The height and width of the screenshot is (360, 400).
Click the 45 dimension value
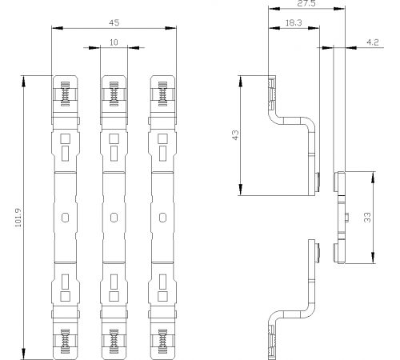pyautogui.click(x=114, y=22)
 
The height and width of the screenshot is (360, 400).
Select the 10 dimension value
pyautogui.click(x=114, y=42)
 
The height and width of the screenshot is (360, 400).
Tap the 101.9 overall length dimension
pyautogui.click(x=18, y=218)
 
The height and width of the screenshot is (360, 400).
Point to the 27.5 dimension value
pyautogui.click(x=306, y=3)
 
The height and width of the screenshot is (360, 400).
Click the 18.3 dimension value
pyautogui.click(x=294, y=23)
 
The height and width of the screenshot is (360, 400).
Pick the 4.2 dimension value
pyautogui.click(x=372, y=42)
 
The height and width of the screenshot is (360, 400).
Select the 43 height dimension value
pyautogui.click(x=235, y=135)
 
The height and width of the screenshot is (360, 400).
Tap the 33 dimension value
pyautogui.click(x=367, y=218)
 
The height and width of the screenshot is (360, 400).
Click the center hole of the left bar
pyautogui.click(x=65, y=218)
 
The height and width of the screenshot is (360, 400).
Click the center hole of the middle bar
pyautogui.click(x=114, y=218)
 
